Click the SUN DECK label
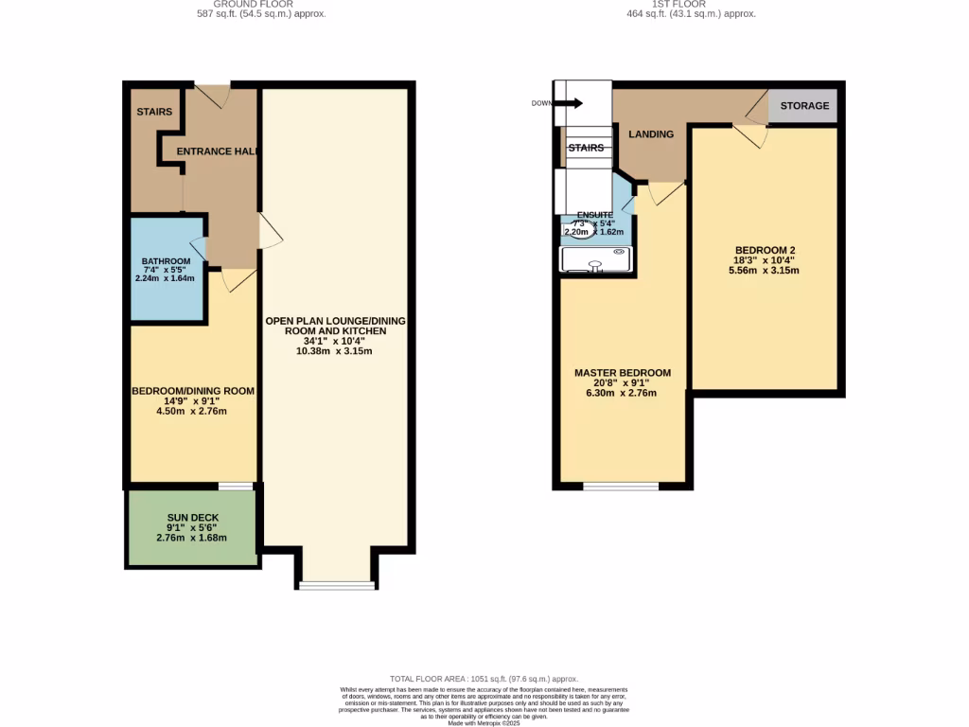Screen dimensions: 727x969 click(x=193, y=518)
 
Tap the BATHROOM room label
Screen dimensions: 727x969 click(x=167, y=261)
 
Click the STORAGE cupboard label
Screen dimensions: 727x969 click(x=804, y=106)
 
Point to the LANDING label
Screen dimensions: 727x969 click(x=651, y=134)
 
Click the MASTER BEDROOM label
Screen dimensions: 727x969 click(x=623, y=372)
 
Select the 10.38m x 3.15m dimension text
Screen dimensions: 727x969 click(x=334, y=351)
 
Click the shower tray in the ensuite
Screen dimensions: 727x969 click(x=595, y=258)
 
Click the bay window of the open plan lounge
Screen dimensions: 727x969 click(x=337, y=584)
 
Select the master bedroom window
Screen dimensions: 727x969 click(x=621, y=486)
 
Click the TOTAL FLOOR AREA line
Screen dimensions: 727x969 click(x=484, y=679)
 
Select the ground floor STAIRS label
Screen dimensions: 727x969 click(x=154, y=112)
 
